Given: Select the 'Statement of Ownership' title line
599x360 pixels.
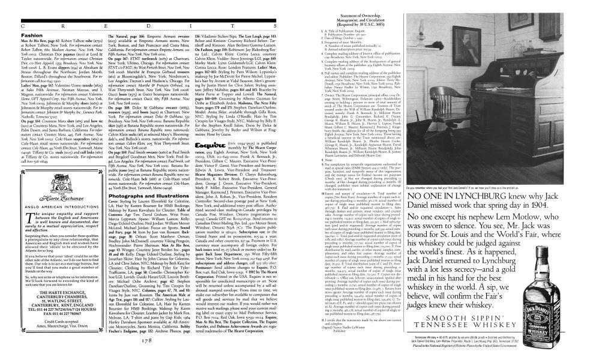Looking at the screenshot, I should (356, 7).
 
